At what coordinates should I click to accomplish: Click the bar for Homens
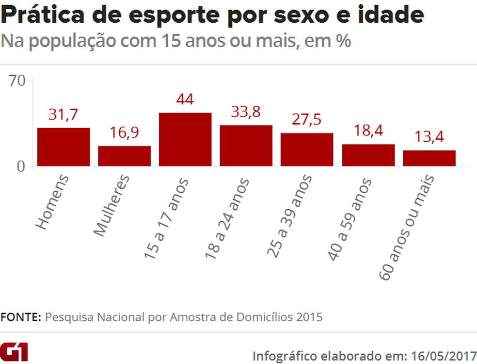(64, 147)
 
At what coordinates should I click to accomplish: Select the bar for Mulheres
(125, 156)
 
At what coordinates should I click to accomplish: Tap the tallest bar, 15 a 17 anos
(186, 140)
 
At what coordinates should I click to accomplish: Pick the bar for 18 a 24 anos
(246, 146)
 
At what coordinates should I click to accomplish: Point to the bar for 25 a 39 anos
(307, 149)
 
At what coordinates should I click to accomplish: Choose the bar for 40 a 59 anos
(368, 155)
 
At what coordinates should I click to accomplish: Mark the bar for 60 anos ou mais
(429, 158)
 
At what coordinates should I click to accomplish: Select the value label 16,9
(125, 133)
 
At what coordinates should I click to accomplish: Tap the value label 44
(186, 99)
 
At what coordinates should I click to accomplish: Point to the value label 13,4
(429, 137)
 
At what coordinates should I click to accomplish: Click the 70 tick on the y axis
(18, 81)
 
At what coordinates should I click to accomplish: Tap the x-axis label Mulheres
(112, 206)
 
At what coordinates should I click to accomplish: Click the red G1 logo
(15, 351)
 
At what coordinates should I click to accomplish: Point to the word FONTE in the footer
(21, 317)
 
